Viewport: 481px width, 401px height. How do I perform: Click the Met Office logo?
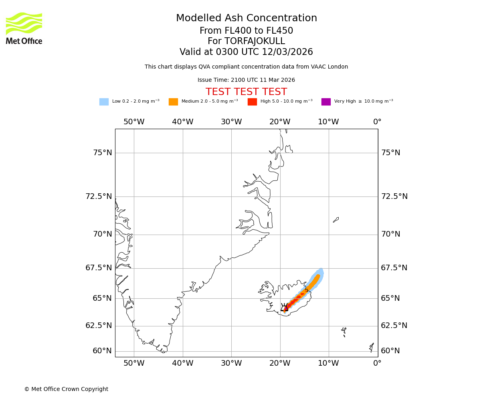click(x=24, y=28)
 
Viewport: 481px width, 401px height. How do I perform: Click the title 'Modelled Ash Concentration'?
click(x=246, y=18)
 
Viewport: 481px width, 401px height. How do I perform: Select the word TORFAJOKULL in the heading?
click(x=255, y=41)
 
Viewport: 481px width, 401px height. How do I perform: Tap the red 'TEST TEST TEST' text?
click(x=246, y=92)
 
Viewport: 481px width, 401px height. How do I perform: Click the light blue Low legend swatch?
click(x=104, y=102)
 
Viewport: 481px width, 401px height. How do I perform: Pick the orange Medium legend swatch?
click(x=173, y=102)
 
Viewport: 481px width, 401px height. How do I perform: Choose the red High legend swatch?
click(x=252, y=102)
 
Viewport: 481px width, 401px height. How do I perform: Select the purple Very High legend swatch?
click(x=326, y=102)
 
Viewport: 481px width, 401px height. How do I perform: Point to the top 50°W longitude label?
click(x=134, y=122)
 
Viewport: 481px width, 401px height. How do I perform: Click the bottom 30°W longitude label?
click(x=231, y=363)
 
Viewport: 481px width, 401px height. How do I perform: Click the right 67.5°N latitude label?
click(x=394, y=268)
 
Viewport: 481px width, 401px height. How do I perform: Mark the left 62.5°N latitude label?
click(x=99, y=326)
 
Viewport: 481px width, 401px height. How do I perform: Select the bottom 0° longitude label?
click(x=377, y=363)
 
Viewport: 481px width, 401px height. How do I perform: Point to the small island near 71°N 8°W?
click(x=336, y=220)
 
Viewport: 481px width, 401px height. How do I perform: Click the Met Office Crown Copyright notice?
click(x=66, y=389)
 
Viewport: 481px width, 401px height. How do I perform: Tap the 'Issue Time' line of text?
click(x=246, y=80)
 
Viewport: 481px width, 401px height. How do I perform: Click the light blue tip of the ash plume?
click(x=321, y=271)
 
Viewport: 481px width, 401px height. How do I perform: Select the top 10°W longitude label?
click(x=328, y=122)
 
